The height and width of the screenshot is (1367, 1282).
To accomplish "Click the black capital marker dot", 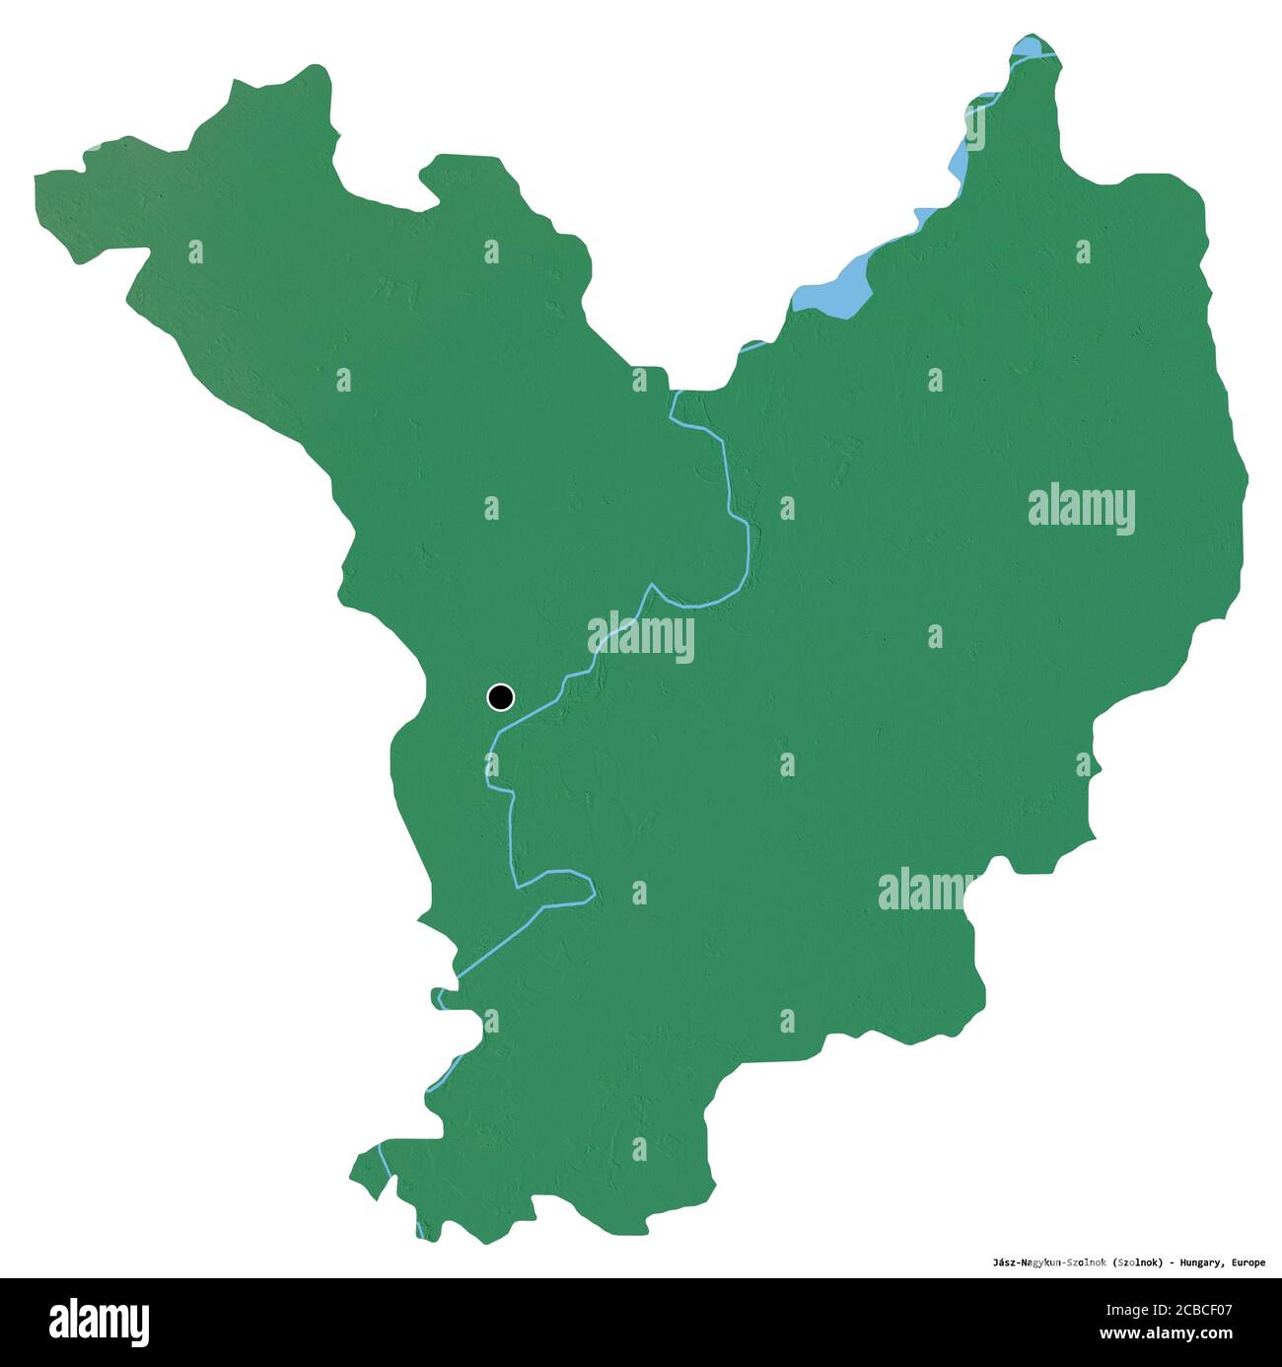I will pos(501,697).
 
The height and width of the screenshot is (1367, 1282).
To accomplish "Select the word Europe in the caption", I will pos(1246,1261).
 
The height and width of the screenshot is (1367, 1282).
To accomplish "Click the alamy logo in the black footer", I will pos(99,1322).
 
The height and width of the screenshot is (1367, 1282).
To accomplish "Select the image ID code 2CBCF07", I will pos(1198,1311).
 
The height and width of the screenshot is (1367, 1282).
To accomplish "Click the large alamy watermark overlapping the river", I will pos(641,637).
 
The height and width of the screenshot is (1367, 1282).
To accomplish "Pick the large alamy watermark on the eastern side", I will pos(1081,509).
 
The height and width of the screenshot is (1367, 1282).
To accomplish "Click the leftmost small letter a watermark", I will pos(195,252).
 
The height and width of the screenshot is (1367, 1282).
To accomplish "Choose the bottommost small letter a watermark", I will pos(639,1148).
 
